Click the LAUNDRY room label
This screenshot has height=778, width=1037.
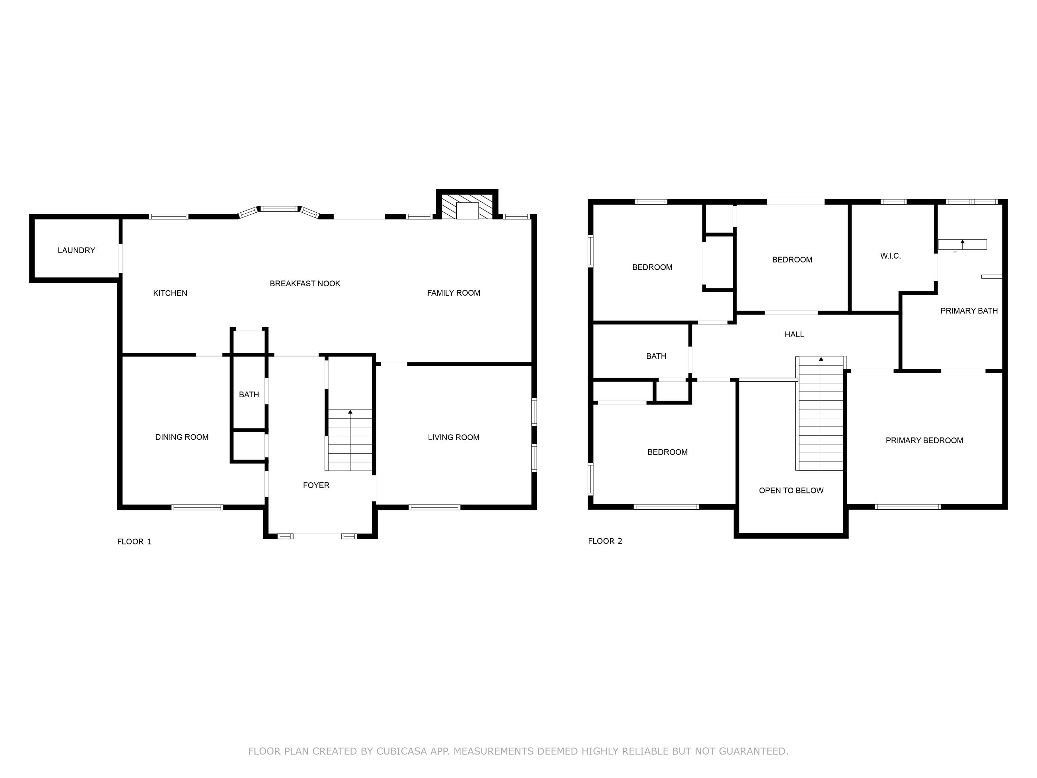pyautogui.click(x=76, y=250)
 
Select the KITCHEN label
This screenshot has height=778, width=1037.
pyautogui.click(x=170, y=293)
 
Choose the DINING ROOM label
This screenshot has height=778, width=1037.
pyautogui.click(x=182, y=437)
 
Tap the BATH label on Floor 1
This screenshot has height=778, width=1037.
pyautogui.click(x=249, y=395)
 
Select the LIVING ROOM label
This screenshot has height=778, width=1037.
pyautogui.click(x=453, y=437)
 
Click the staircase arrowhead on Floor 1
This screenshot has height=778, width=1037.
pyautogui.click(x=350, y=412)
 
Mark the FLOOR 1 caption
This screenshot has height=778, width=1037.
pyautogui.click(x=134, y=541)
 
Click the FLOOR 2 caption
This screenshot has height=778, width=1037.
pyautogui.click(x=605, y=541)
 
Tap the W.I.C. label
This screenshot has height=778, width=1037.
pyautogui.click(x=890, y=256)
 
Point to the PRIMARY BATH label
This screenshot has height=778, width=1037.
pyautogui.click(x=969, y=311)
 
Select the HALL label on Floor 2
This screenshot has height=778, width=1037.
pyautogui.click(x=794, y=334)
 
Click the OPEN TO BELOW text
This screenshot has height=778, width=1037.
pyautogui.click(x=791, y=491)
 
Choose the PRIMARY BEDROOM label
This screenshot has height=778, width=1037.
pyautogui.click(x=924, y=441)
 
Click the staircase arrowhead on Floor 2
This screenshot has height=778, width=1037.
pyautogui.click(x=821, y=359)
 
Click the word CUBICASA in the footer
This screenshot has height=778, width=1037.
pyautogui.click(x=401, y=751)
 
